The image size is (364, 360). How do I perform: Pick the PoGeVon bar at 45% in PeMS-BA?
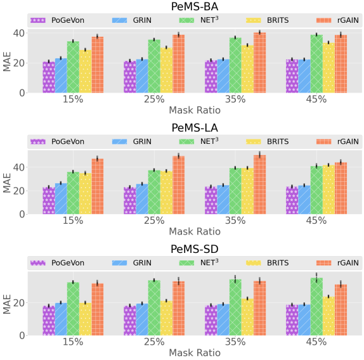pyautogui.click(x=292, y=76)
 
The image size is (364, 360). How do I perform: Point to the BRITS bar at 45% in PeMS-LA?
pyautogui.click(x=328, y=190)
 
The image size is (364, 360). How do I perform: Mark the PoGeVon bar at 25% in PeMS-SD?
pyautogui.click(x=130, y=321)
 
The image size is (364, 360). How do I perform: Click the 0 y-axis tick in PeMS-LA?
pyautogui.click(x=23, y=214)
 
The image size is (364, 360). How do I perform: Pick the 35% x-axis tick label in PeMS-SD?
pyautogui.click(x=235, y=342)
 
